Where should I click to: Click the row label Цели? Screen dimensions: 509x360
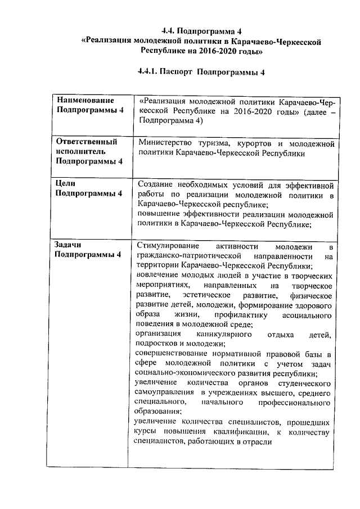tap(66, 184)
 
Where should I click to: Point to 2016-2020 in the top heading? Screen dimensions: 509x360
tap(215, 51)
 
